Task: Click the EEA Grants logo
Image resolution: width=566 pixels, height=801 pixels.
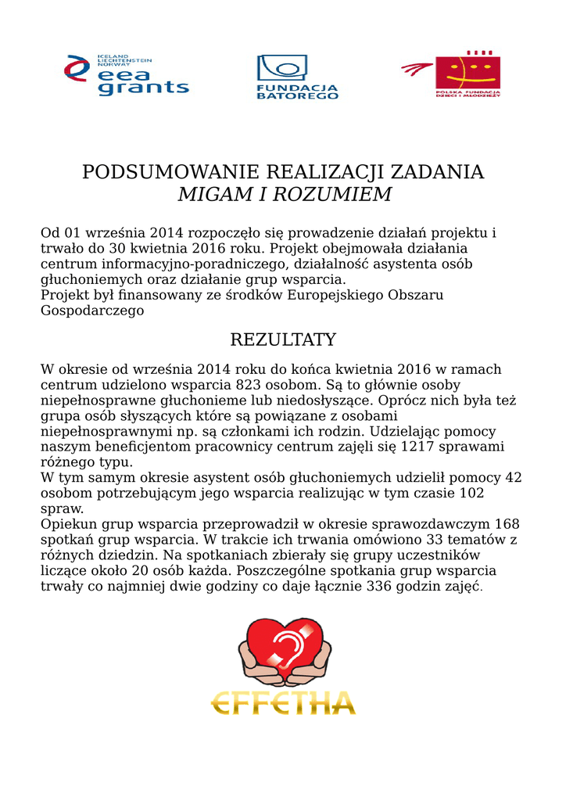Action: point(127,76)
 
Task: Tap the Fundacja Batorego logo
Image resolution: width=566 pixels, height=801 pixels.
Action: point(298,77)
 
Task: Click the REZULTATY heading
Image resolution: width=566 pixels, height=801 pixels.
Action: point(283,339)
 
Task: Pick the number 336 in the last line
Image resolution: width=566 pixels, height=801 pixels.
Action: point(378,586)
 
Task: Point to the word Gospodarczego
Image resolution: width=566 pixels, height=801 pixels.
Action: point(92,311)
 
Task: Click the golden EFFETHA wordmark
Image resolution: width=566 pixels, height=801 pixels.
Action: point(283,702)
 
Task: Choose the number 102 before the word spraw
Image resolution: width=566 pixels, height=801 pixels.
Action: point(471,493)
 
